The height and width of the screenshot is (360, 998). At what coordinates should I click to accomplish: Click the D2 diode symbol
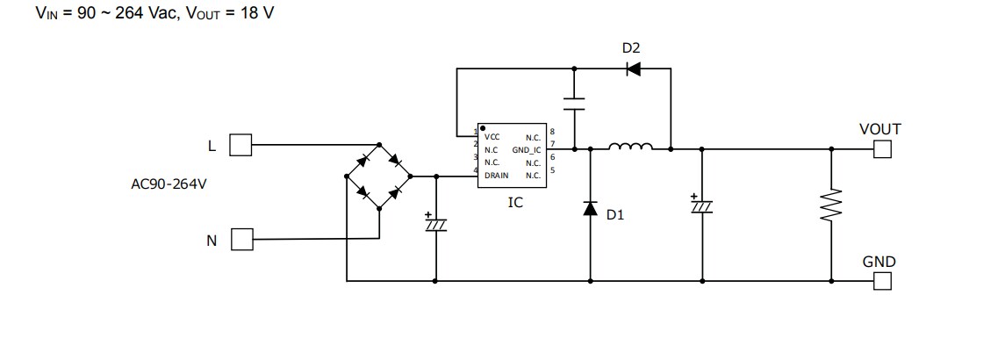632,69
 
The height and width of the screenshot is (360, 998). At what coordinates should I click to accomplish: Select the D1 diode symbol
590,208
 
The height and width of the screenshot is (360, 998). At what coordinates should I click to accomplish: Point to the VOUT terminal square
882,149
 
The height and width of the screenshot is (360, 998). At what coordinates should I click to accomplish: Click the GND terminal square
882,281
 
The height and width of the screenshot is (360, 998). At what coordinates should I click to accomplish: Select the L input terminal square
241,145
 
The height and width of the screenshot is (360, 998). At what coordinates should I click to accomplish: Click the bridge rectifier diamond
379,176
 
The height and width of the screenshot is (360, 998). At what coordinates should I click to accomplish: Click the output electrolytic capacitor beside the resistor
702,205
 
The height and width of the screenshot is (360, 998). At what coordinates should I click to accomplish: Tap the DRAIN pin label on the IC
496,176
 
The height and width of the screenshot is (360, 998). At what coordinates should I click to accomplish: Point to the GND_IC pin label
527,150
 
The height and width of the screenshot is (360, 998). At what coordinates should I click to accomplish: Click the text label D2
632,47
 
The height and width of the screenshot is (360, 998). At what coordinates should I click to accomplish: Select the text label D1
615,214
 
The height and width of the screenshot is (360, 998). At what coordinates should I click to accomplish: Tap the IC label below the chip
515,202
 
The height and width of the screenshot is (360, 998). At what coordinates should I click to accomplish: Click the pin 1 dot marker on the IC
483,128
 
